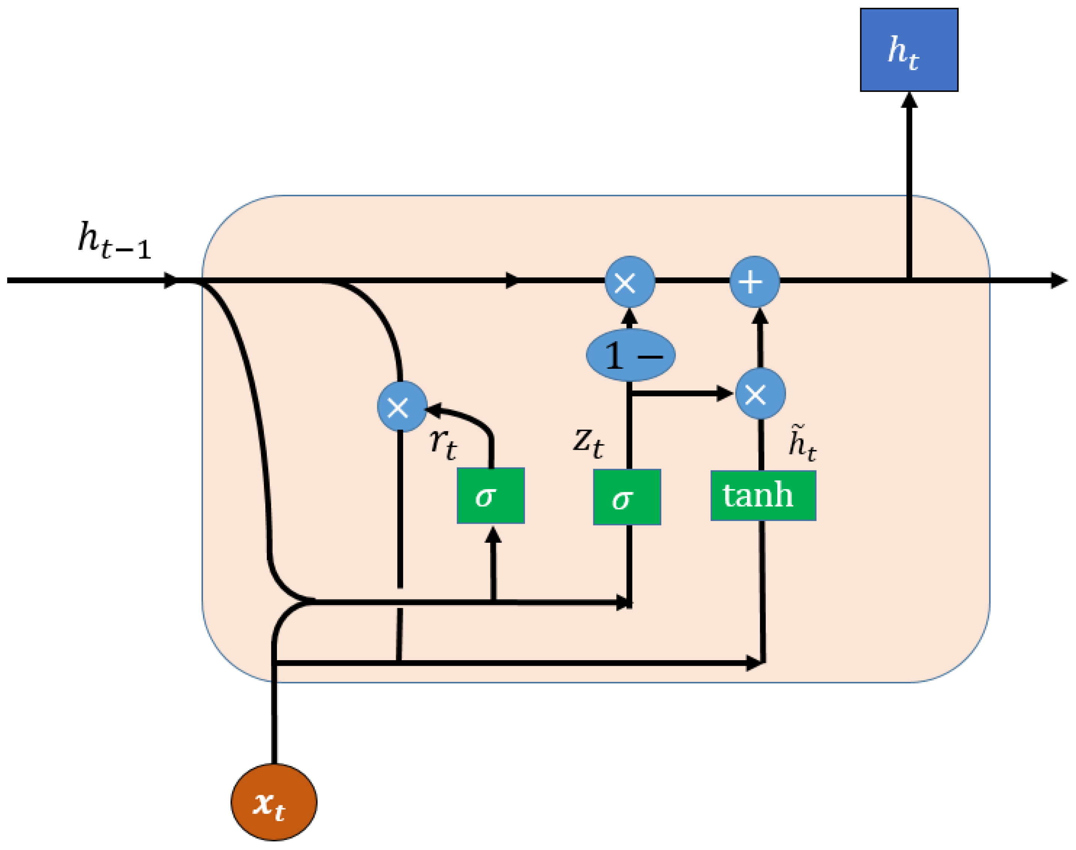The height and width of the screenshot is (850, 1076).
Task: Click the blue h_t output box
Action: pos(909,50)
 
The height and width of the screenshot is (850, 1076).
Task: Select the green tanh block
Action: pos(763,496)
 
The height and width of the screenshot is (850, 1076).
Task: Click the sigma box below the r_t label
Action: pos(491,496)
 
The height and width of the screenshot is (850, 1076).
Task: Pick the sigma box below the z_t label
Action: pos(627,497)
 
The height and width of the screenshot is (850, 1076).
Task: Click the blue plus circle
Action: pos(754,282)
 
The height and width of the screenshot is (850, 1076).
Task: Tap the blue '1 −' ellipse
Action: pos(631,355)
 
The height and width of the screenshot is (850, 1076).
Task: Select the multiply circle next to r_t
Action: pos(402,407)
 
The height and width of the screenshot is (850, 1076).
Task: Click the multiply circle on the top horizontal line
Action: pos(630,282)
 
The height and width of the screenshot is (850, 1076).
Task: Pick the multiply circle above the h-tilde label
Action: pos(760,393)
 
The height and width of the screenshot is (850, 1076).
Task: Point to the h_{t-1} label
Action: pos(114,241)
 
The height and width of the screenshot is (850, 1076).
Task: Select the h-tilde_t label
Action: pos(802,443)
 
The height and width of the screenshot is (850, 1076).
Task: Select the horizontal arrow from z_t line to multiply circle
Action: pos(682,393)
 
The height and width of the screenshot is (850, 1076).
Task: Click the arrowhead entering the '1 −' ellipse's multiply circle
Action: pos(629,316)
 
